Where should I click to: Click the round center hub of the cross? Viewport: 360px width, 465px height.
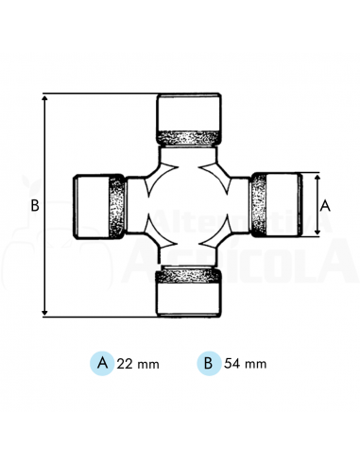click(188, 205)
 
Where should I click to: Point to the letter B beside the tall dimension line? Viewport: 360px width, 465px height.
click(33, 205)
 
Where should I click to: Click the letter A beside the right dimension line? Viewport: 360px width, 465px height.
click(325, 204)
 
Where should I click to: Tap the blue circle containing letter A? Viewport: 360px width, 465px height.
click(101, 362)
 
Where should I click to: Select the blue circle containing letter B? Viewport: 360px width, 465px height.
click(206, 362)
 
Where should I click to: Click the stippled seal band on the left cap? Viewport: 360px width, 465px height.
click(117, 205)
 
